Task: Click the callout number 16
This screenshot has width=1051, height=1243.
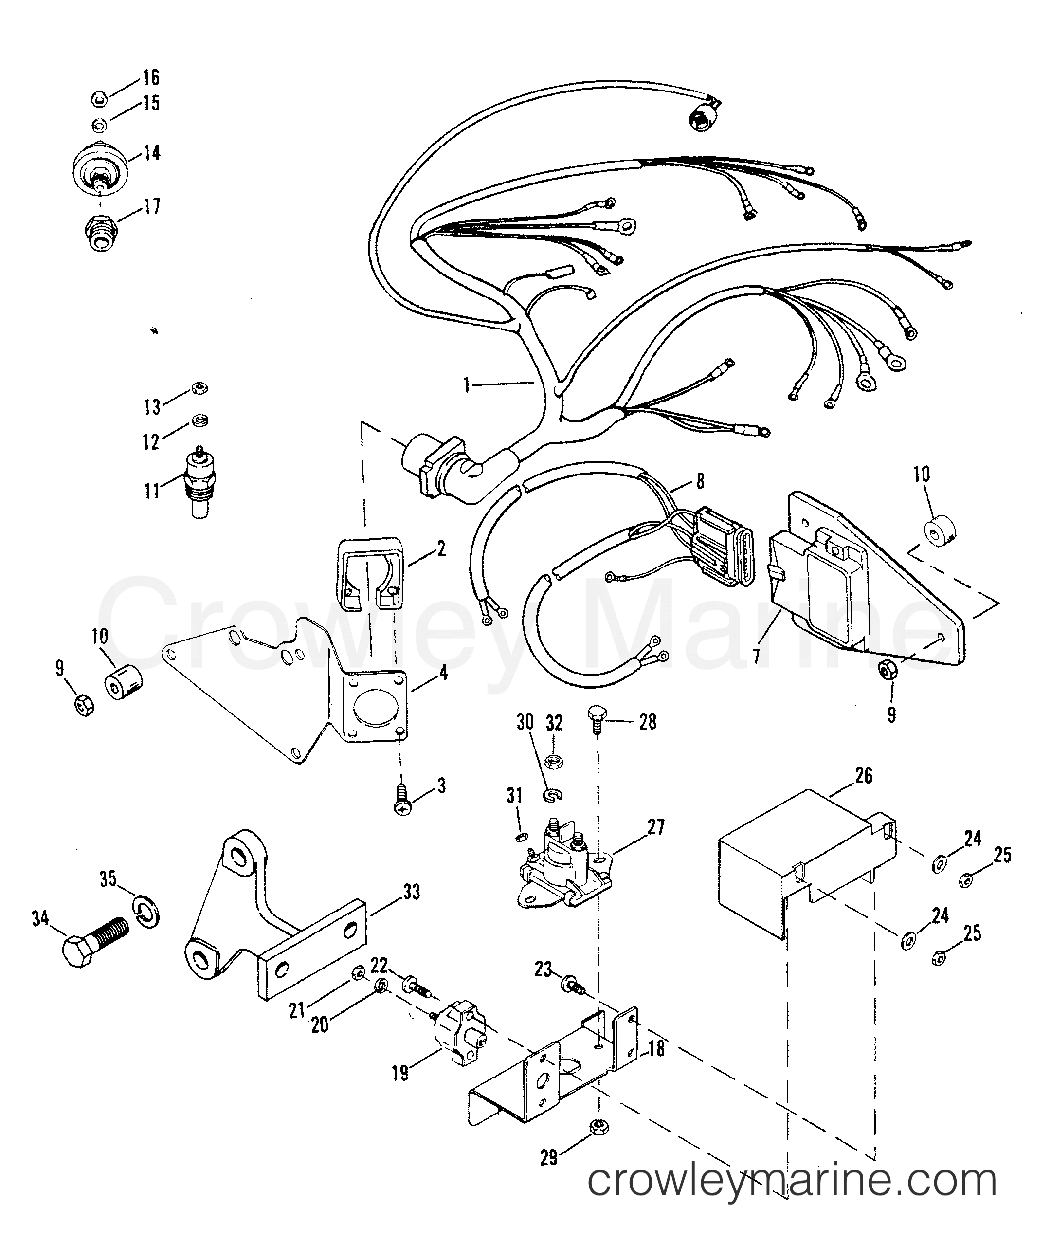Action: tap(150, 77)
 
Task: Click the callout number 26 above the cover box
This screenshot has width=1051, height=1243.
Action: tap(863, 775)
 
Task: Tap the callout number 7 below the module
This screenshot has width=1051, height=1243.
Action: tap(756, 657)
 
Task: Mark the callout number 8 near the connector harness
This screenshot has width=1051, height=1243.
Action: tap(700, 481)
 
